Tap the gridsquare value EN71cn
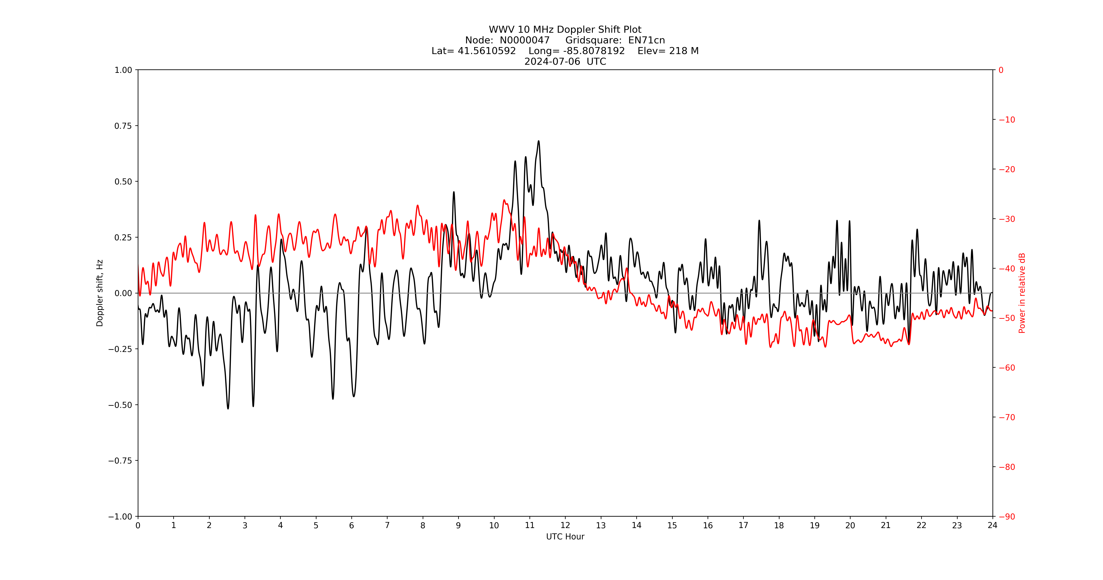click(x=646, y=40)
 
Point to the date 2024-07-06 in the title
click(x=552, y=61)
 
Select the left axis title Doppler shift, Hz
click(x=100, y=293)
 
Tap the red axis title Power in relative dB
click(x=1022, y=293)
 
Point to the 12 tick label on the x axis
click(x=565, y=525)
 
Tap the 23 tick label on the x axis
click(x=957, y=525)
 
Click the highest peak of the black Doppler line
click(x=539, y=141)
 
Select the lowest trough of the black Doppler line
click(x=228, y=409)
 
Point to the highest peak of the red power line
click(x=504, y=200)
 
